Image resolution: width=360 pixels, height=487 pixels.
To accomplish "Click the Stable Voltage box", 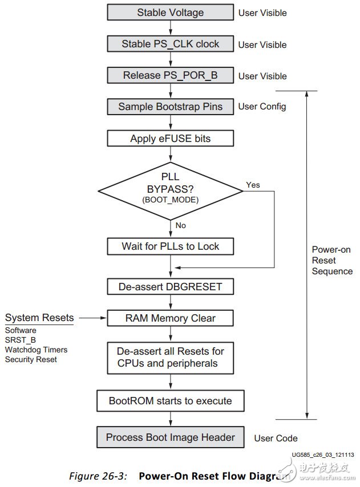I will point(170,13).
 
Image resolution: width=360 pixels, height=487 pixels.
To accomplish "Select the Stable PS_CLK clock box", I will point(170,44).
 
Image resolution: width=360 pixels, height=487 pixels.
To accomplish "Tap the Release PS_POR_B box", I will point(170,75).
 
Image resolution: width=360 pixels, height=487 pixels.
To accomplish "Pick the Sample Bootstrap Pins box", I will point(170,107).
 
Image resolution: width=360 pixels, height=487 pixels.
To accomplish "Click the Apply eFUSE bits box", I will point(170,139).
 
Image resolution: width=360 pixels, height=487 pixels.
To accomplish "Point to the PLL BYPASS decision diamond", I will point(170,191).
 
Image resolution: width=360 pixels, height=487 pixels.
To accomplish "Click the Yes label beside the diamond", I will point(253,185).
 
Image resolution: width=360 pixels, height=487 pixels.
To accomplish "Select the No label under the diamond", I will point(180,226).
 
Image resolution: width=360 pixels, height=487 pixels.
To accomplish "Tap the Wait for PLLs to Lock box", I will point(170,246).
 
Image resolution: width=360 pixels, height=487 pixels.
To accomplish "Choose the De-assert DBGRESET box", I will point(170,286).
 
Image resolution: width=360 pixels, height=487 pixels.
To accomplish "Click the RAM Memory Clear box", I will point(170,318).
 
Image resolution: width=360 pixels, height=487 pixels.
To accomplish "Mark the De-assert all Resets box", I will point(170,358).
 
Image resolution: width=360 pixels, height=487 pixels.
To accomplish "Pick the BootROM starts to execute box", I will point(170,401).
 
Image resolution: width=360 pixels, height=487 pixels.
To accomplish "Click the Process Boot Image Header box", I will point(170,438).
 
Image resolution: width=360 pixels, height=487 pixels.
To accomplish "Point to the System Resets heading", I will point(39,318).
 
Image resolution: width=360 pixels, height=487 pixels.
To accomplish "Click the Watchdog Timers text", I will point(36,350).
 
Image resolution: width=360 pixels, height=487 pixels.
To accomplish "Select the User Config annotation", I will point(262,107).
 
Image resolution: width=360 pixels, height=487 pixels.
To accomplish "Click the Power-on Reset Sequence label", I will point(332,260).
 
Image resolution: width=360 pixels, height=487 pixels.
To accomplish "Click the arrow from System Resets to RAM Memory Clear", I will point(91,318).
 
